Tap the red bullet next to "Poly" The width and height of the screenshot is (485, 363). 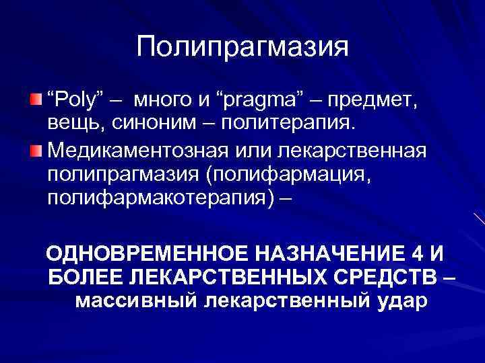tap(36, 99)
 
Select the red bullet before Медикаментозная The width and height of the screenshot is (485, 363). tap(36, 149)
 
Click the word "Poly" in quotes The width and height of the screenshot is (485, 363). tap(74, 101)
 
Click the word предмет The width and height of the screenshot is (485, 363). tap(379, 101)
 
